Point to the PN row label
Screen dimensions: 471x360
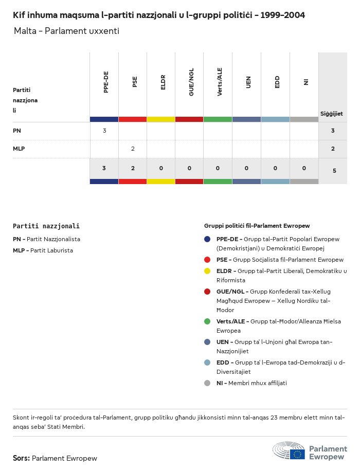(x=17, y=131)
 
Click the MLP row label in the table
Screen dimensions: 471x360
(x=19, y=149)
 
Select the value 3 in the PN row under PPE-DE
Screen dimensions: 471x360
(x=104, y=131)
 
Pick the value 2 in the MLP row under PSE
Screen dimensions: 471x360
(x=133, y=149)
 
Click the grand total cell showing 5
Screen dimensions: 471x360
(x=334, y=170)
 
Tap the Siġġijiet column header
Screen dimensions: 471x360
(x=332, y=114)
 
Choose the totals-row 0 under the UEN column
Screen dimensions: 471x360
(x=246, y=168)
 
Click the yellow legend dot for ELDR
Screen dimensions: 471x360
(x=207, y=271)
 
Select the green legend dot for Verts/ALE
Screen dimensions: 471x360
(x=207, y=321)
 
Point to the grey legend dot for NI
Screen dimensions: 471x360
(x=207, y=383)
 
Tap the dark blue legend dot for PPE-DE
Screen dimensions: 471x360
(x=207, y=239)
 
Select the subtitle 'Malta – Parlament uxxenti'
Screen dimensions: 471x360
(x=66, y=31)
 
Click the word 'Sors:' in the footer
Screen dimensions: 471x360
(x=21, y=458)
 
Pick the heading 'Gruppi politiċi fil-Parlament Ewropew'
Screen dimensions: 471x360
(x=257, y=226)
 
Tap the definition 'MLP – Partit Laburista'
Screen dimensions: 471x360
(x=43, y=250)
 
